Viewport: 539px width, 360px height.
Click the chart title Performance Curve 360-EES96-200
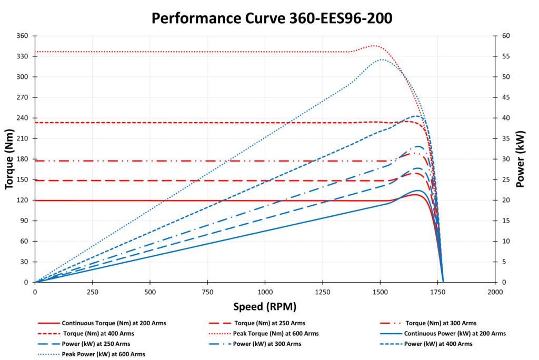coord(272,18)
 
